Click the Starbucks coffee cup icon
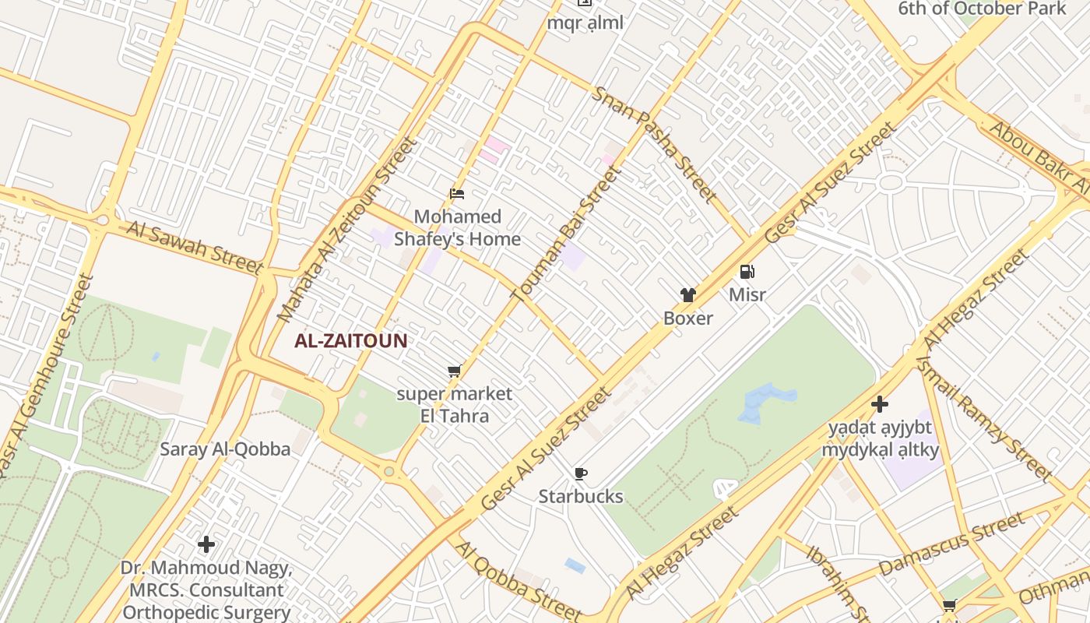point(580,473)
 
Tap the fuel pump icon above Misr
point(747,272)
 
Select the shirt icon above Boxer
point(688,294)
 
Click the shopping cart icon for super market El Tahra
point(455,371)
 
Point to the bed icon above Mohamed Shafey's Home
point(457,193)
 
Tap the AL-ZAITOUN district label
point(350,340)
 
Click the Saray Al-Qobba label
point(225,449)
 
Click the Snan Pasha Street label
point(654,143)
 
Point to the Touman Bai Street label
point(566,233)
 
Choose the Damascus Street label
point(951,544)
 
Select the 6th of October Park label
point(982,9)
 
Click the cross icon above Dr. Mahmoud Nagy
point(206,544)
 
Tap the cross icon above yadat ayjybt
point(880,404)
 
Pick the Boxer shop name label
point(688,318)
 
